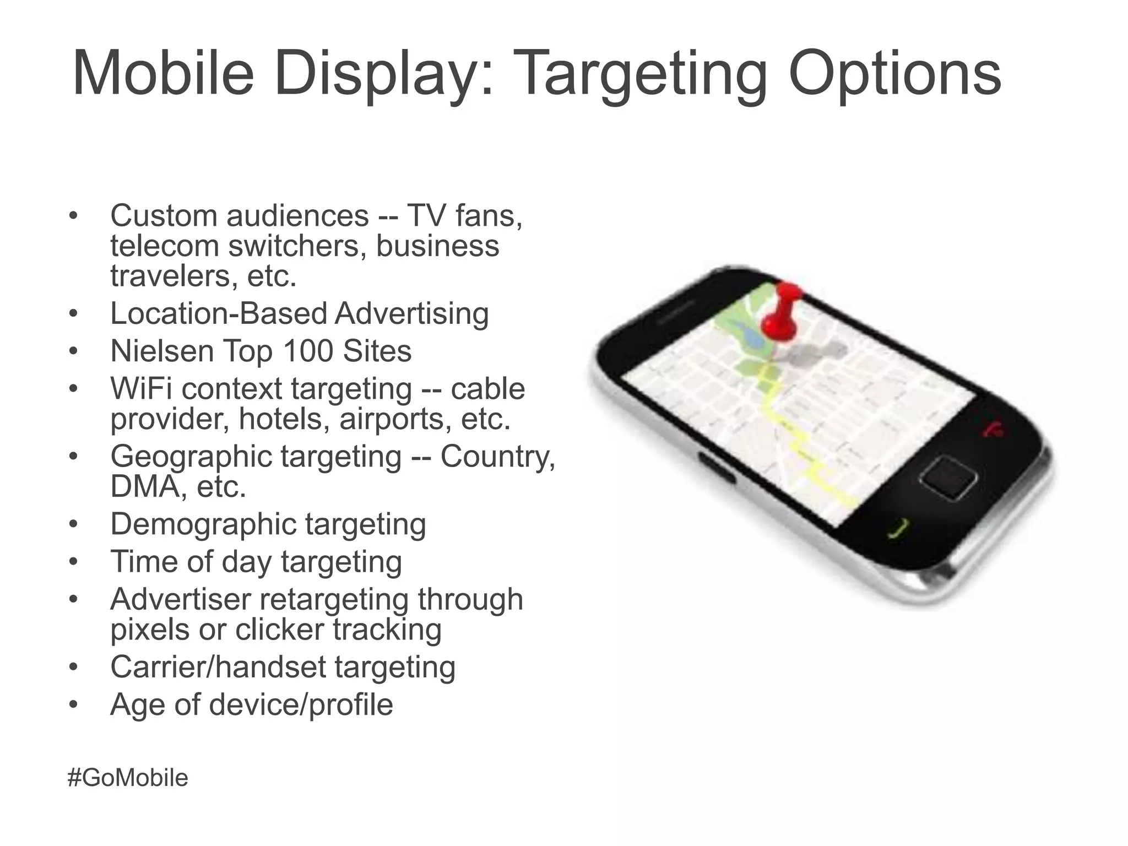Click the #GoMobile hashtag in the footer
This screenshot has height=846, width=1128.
[x=128, y=778]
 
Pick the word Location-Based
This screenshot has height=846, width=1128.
[x=218, y=313]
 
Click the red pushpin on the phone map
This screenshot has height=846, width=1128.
[x=781, y=314]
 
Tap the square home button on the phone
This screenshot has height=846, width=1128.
[x=948, y=477]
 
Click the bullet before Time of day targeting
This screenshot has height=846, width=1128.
[x=74, y=562]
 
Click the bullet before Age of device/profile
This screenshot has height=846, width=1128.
[x=74, y=704]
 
